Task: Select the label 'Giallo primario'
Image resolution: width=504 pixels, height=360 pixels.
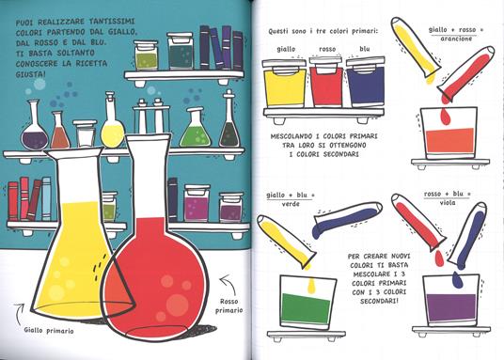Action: pos(49,331)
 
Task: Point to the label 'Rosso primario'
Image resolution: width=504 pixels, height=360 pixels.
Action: pos(228,306)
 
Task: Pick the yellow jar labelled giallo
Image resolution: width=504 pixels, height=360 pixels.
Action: pos(285,84)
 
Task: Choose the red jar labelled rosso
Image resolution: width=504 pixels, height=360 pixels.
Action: pos(326,82)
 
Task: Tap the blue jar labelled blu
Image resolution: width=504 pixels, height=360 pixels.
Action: pos(366,83)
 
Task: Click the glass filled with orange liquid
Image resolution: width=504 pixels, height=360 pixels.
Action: pos(449,133)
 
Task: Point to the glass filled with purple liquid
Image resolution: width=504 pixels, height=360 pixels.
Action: pos(451,301)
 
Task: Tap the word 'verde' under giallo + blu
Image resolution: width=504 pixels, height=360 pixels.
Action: pos(291,204)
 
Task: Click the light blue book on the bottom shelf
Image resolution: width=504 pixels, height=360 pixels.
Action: pos(47,198)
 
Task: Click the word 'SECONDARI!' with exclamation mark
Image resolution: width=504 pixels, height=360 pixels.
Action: pos(379,301)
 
